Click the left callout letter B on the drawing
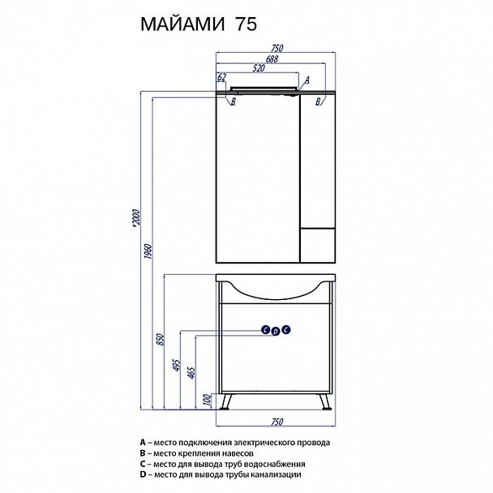click(233, 101)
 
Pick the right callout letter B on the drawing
click(319, 101)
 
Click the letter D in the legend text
click(142, 474)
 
